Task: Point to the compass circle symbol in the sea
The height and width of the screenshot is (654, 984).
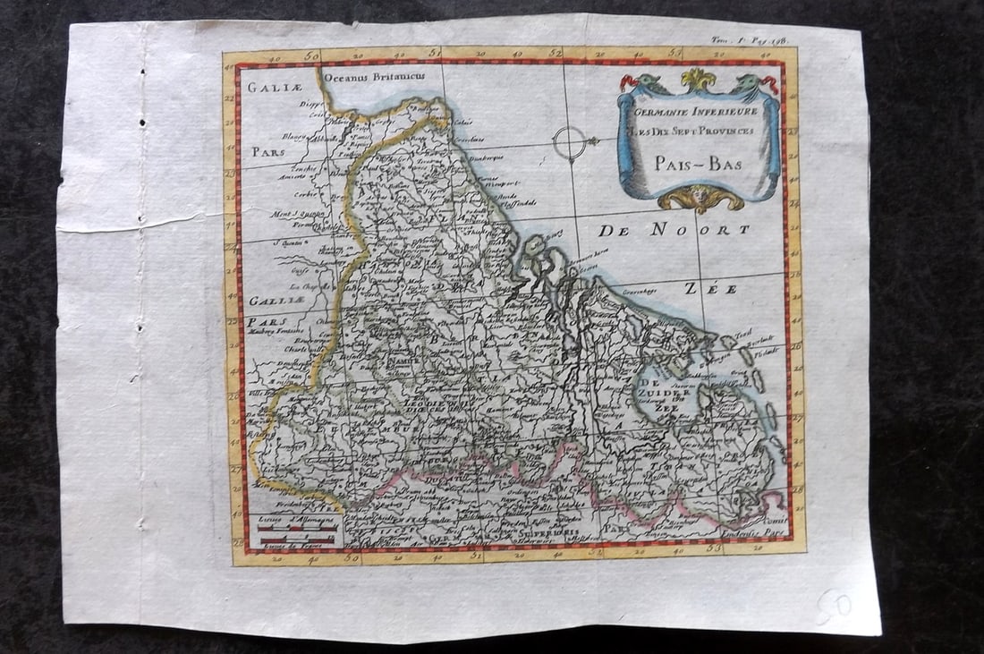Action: click(569, 142)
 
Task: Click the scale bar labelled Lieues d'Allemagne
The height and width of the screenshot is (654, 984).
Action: click(296, 529)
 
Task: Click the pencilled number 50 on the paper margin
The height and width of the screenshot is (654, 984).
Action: click(833, 607)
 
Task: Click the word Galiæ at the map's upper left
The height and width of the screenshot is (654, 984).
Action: click(270, 88)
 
